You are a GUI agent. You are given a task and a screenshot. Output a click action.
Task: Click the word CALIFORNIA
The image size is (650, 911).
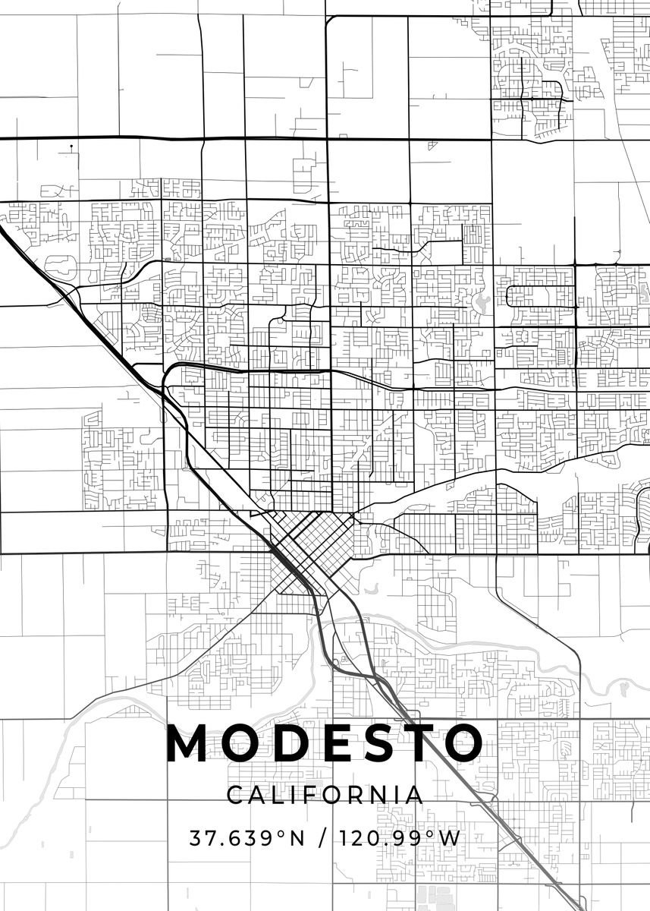325,795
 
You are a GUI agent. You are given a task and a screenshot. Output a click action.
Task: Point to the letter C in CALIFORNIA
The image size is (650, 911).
234,795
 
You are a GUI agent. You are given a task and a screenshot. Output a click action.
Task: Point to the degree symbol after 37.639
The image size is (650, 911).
280,834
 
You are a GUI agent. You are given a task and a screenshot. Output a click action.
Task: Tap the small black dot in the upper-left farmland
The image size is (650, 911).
71,146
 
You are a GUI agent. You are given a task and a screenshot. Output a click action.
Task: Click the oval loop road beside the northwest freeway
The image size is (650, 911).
60,266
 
